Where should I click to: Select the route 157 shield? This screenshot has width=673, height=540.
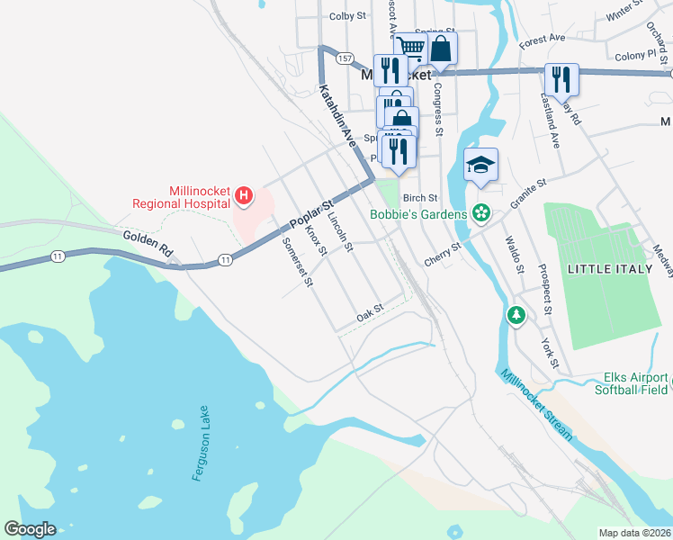coord(345,58)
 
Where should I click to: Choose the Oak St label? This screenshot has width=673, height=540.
coord(370,313)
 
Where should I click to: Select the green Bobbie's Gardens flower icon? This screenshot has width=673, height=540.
coord(481,214)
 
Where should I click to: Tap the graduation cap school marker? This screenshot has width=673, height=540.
coord(480,165)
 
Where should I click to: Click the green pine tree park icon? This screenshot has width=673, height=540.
coord(516,315)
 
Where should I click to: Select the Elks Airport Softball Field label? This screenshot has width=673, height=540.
coord(632,383)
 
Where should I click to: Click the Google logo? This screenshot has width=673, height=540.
coord(30,529)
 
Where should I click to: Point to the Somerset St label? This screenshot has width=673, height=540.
coord(297,262)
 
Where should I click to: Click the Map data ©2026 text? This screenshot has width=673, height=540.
coord(633,533)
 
